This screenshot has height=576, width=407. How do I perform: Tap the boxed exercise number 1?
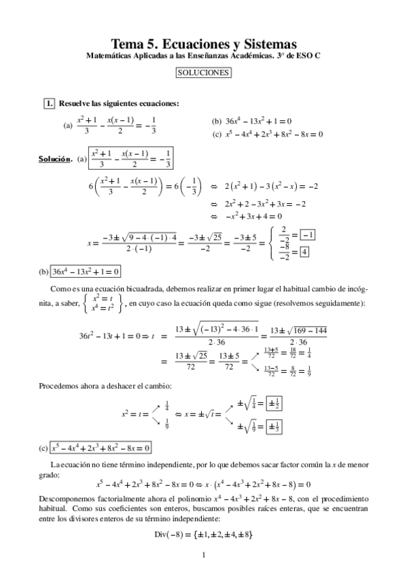tap(48, 103)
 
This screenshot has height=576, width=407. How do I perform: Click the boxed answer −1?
tap(308, 235)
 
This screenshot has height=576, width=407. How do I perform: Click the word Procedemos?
tap(60, 386)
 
